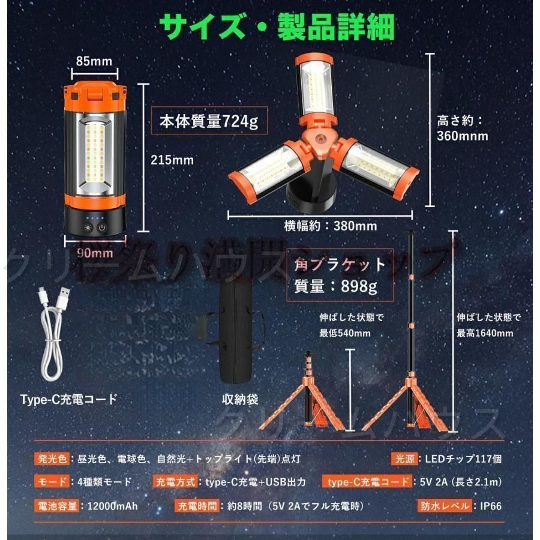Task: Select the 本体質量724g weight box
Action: (208, 122)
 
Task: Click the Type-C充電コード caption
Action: (68, 398)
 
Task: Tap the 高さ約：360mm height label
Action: (462, 128)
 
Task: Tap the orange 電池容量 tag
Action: (57, 505)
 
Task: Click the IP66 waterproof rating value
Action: (491, 505)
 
